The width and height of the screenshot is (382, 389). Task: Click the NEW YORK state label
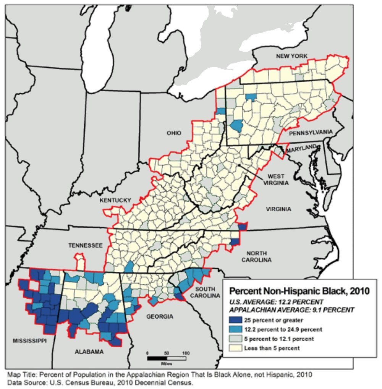(x=292, y=56)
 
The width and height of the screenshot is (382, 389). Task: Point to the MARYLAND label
(x=302, y=148)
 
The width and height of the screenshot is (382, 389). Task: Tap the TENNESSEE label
(x=86, y=245)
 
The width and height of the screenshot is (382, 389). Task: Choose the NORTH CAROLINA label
(x=259, y=256)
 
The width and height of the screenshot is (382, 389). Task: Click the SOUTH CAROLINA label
(x=207, y=292)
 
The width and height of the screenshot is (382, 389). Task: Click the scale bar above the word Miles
(x=167, y=358)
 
